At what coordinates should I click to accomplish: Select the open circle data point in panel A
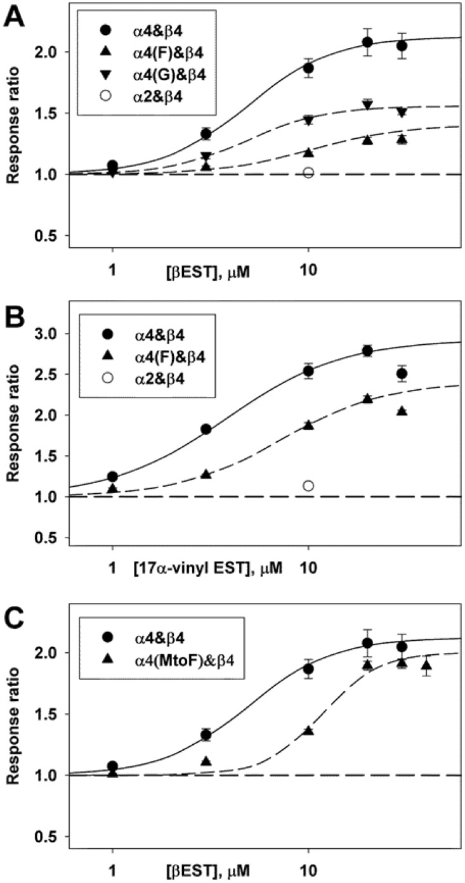[x=308, y=173]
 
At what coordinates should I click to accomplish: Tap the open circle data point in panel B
[x=308, y=486]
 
